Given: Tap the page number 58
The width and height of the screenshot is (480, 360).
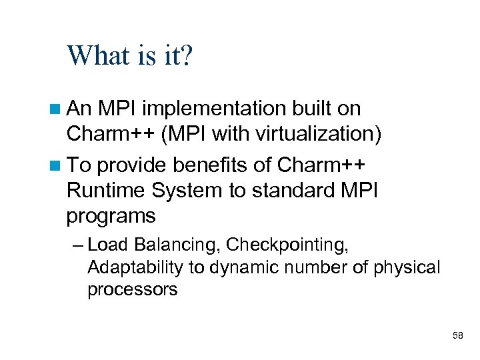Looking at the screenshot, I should point(457,335).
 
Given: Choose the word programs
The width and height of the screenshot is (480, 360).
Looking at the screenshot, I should point(111,217).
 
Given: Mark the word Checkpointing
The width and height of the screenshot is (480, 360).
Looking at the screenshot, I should point(287,245).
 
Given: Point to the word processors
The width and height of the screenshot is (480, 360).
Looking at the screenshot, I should point(132,289).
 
